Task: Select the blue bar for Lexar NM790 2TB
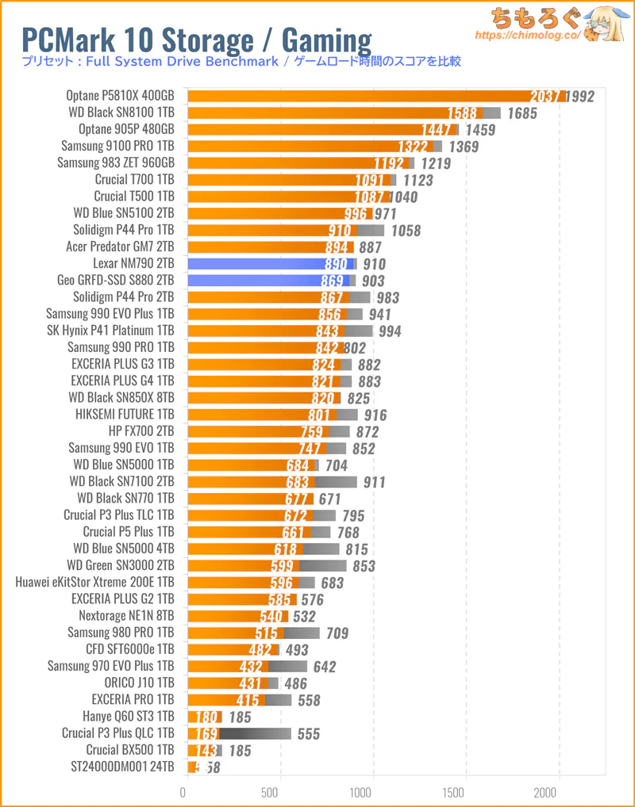point(270,263)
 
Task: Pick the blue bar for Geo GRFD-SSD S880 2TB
point(266,280)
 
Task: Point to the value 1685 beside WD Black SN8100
point(521,113)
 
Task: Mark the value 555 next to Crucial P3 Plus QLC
point(308,734)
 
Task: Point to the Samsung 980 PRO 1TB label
point(121,633)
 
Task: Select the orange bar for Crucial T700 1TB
point(286,180)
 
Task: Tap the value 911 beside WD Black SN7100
point(374,482)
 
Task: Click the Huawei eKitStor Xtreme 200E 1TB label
point(95,583)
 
